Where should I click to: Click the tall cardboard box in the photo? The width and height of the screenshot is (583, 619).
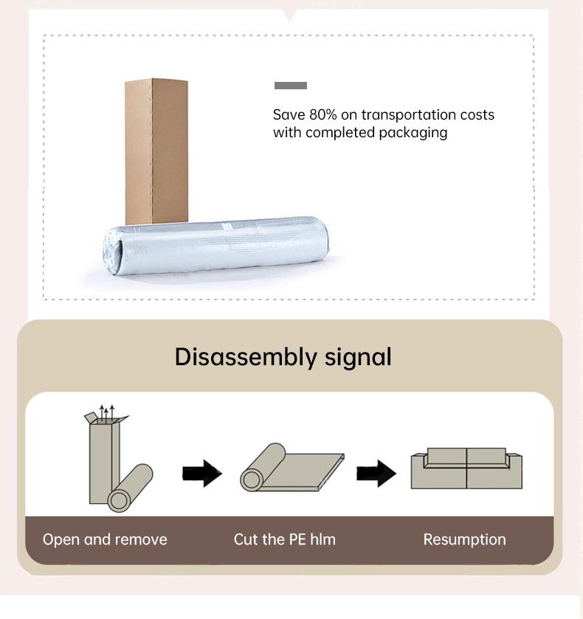click(156, 148)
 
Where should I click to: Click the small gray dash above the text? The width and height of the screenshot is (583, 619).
click(290, 86)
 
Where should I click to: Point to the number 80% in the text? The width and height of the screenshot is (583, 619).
click(321, 115)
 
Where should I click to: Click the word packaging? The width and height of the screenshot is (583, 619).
click(413, 133)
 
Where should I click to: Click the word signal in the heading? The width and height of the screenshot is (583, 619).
click(358, 357)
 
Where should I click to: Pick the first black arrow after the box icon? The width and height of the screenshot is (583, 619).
click(201, 473)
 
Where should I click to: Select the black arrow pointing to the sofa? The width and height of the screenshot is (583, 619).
click(376, 473)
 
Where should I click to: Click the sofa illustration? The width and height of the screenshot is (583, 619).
click(466, 468)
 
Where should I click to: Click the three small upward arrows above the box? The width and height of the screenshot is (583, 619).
click(107, 411)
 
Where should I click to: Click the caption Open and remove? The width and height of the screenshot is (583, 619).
click(105, 539)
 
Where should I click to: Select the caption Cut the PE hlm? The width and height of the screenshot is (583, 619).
click(284, 539)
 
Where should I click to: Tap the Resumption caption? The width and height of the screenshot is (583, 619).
click(464, 539)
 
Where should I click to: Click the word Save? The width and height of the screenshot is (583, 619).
click(288, 115)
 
